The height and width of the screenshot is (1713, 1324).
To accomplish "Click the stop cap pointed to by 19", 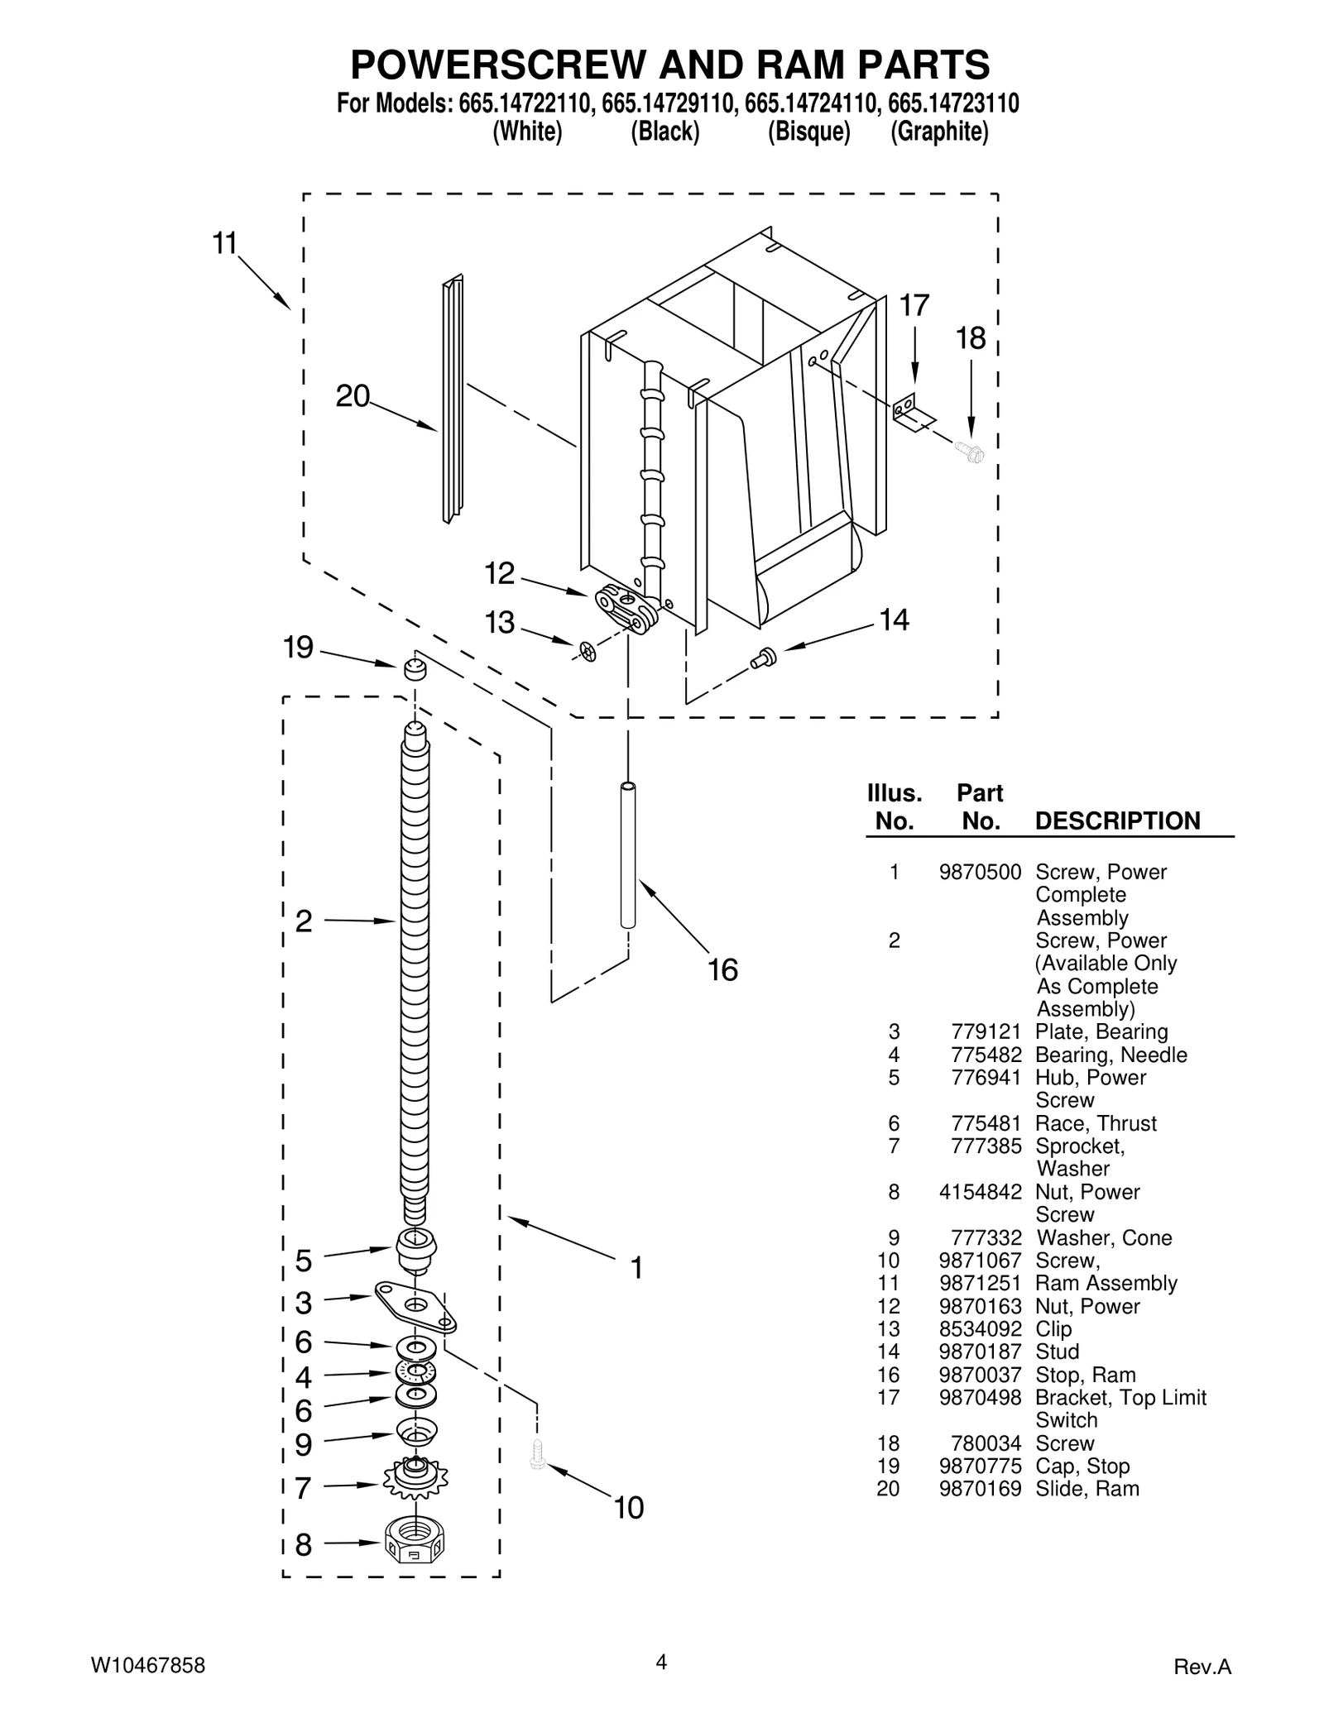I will tap(415, 668).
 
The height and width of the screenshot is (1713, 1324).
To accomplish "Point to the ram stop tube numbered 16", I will tap(628, 856).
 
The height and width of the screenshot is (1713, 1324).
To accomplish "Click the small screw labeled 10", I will tap(537, 1454).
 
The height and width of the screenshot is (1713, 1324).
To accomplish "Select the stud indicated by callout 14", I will tap(762, 658).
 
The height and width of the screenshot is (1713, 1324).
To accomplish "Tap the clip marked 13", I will tap(588, 652).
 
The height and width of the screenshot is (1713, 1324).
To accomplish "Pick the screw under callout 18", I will tap(970, 452).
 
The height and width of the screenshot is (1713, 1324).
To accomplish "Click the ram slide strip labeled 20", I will tap(453, 399).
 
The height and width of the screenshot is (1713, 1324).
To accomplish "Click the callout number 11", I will tap(225, 244).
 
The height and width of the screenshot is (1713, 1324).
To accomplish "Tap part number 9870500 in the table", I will tap(980, 872).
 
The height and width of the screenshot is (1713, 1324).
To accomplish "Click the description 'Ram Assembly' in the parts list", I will tap(1106, 1283).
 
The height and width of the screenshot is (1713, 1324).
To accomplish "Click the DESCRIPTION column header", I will tap(1117, 821).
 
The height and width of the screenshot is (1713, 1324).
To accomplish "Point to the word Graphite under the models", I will tap(939, 132).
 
